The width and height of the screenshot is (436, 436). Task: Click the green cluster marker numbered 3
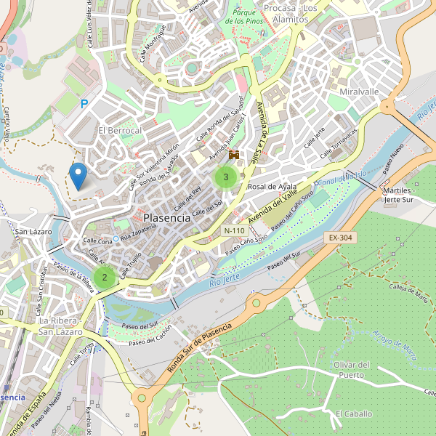[226, 177]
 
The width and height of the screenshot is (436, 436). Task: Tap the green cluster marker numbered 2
[105, 276]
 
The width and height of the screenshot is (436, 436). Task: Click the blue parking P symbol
[84, 105]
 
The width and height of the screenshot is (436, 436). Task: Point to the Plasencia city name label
[167, 217]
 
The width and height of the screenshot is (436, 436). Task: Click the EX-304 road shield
[339, 238]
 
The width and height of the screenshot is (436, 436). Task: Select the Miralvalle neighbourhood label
[359, 92]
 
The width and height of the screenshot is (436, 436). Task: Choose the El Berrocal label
[120, 130]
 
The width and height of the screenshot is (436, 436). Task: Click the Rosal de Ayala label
[272, 187]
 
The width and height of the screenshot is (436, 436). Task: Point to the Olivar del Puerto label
[352, 370]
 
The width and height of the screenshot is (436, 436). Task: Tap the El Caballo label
[353, 413]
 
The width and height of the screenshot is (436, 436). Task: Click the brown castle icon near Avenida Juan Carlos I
[234, 155]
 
